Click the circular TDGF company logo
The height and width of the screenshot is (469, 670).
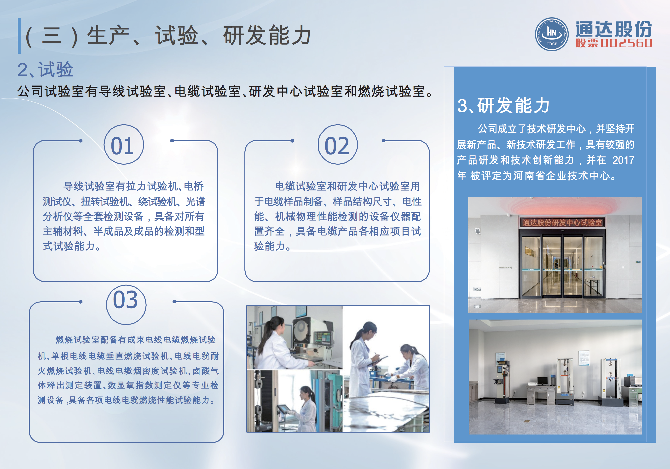pos(552,34)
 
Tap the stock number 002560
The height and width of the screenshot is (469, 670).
pos(626,43)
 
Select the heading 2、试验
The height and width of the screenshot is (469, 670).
pos(45,70)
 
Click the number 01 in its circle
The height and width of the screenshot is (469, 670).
pos(122,146)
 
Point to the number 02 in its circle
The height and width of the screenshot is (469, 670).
pos(337,146)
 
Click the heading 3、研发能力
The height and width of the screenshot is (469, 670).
pos(504,105)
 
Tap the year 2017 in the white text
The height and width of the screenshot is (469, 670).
pos(623,160)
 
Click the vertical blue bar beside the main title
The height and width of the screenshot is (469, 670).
pos(19,36)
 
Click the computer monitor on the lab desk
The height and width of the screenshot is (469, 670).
pos(543,381)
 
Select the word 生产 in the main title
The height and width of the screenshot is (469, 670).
pos(108,36)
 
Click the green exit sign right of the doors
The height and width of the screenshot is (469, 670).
pos(638,262)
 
